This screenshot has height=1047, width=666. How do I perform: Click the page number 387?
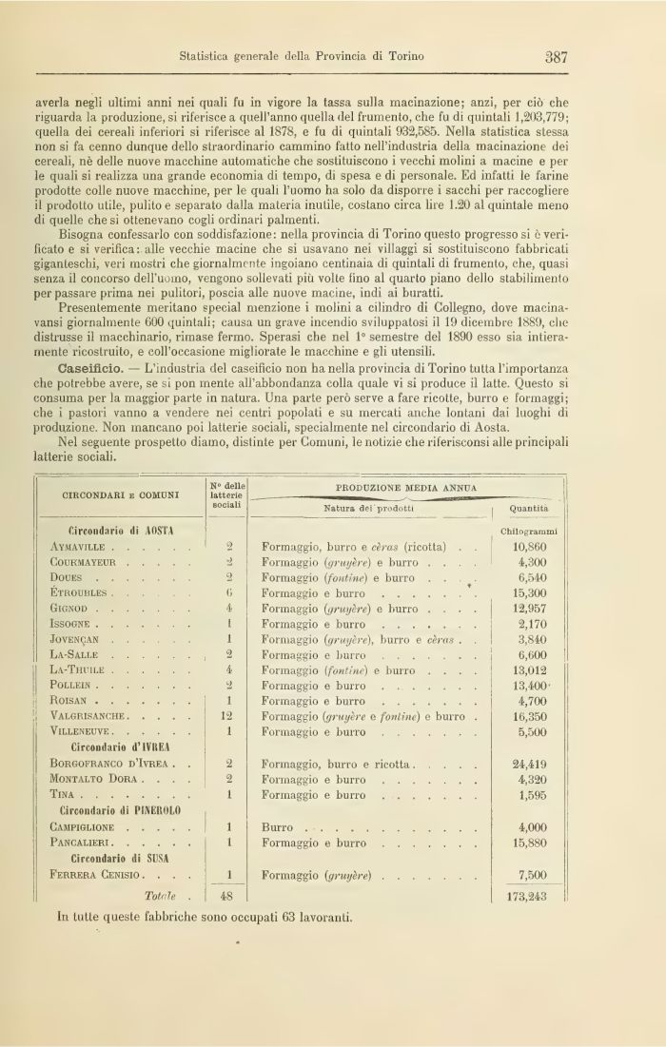[x=557, y=56]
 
